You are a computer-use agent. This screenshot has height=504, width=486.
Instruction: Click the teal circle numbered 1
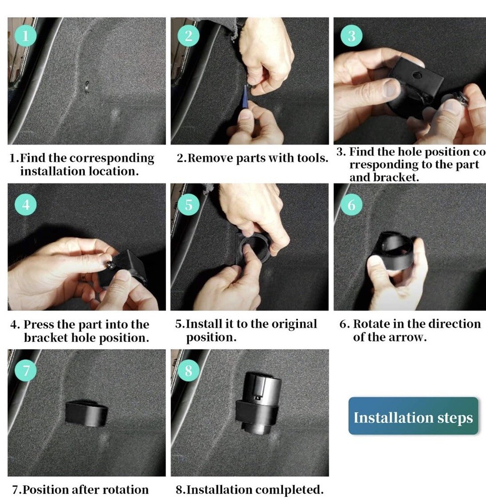pos(25,36)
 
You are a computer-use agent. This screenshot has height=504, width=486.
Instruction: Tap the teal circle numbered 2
pos(189,36)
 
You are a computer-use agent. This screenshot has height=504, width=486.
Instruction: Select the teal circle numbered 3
pos(351,36)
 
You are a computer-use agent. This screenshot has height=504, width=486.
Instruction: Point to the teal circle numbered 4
pos(26,205)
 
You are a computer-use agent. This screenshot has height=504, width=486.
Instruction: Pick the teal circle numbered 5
pos(189,205)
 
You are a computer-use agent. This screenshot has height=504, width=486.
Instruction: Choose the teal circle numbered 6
pos(351,205)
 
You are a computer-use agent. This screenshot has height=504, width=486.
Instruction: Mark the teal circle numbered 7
pos(26,370)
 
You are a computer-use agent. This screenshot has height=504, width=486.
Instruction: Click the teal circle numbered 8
pos(189,370)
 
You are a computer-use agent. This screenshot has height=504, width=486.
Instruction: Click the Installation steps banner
pos(413,416)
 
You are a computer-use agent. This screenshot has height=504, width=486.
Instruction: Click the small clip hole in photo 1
pos(87,87)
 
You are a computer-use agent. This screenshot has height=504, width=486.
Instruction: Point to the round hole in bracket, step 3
pos(417,76)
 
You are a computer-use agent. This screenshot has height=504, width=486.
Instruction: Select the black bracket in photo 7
pos(87,413)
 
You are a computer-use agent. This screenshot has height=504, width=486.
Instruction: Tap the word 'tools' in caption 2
pos(312,158)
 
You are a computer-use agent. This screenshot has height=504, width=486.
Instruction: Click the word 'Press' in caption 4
pos(39,324)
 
